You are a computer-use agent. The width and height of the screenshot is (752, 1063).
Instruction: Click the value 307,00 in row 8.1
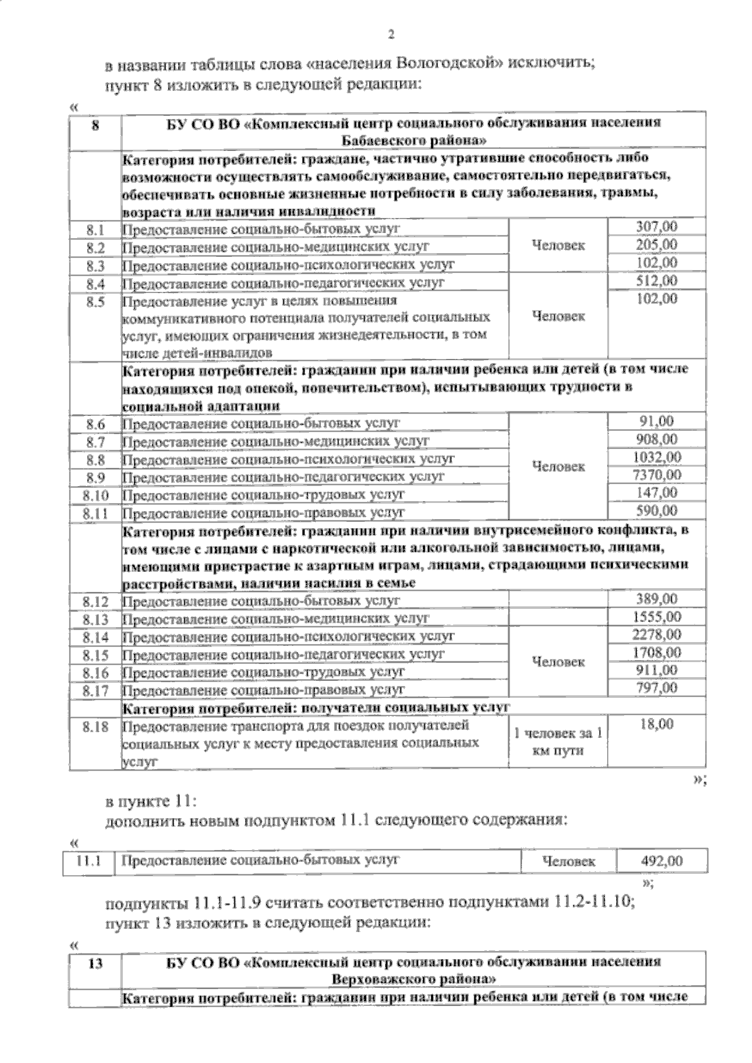pos(656,227)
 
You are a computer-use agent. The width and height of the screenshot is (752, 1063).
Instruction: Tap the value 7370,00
pos(656,475)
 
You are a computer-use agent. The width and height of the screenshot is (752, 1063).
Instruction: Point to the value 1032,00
pos(656,457)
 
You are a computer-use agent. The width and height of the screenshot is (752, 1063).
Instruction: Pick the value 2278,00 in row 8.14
pos(656,635)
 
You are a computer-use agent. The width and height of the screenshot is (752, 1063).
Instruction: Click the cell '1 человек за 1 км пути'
pos(558,742)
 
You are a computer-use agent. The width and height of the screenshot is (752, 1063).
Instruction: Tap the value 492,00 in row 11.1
pos(661,861)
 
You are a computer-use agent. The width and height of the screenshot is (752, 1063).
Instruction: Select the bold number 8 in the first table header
pos(95,125)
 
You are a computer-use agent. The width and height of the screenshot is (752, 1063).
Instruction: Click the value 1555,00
pos(656,617)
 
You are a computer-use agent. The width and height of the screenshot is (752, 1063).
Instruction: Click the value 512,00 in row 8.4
pos(656,280)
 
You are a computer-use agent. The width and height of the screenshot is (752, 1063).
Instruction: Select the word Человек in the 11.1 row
pos(568,862)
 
